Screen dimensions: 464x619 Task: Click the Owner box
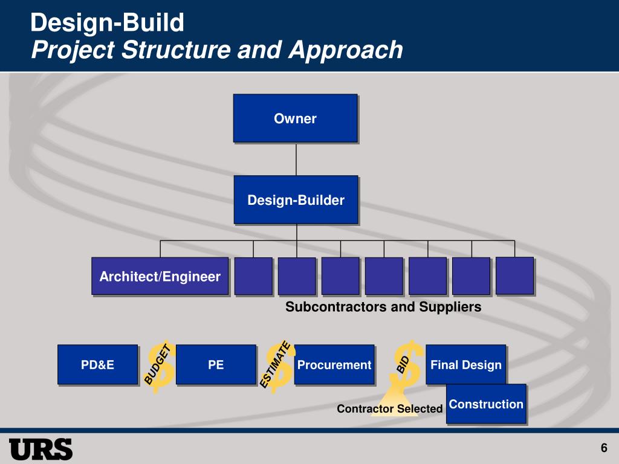pos(295,118)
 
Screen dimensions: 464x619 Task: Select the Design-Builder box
pos(296,200)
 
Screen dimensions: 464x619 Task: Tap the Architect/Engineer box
pos(160,277)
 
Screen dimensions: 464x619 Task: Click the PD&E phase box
pos(97,364)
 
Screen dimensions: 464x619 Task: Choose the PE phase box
pos(216,364)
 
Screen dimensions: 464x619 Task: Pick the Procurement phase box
pos(334,364)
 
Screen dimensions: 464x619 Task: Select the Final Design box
pos(465,364)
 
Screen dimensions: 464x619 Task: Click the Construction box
pos(486,404)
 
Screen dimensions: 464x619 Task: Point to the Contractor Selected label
pos(389,409)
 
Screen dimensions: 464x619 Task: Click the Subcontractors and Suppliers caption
pos(383,307)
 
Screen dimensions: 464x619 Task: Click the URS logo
pos(41,449)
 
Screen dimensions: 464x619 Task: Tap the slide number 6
pos(603,448)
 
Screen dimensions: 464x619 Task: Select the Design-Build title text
pos(108,23)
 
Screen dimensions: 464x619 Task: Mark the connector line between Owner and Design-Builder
pos(296,159)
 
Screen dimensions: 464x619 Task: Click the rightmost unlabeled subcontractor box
pos(514,275)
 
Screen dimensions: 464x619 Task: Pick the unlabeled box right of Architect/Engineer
pos(253,276)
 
